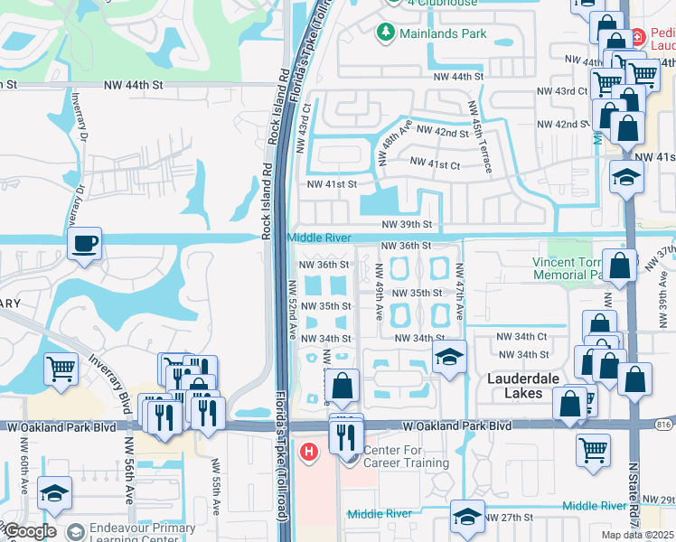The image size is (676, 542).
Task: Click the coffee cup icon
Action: [x=84, y=244]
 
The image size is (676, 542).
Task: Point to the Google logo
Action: [x=29, y=532]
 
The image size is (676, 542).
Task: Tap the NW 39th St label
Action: [x=407, y=224]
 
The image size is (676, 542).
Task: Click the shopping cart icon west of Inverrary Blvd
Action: [x=61, y=367]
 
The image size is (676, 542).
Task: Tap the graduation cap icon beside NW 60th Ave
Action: [x=54, y=492]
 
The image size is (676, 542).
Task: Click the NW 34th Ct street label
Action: [x=523, y=336]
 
